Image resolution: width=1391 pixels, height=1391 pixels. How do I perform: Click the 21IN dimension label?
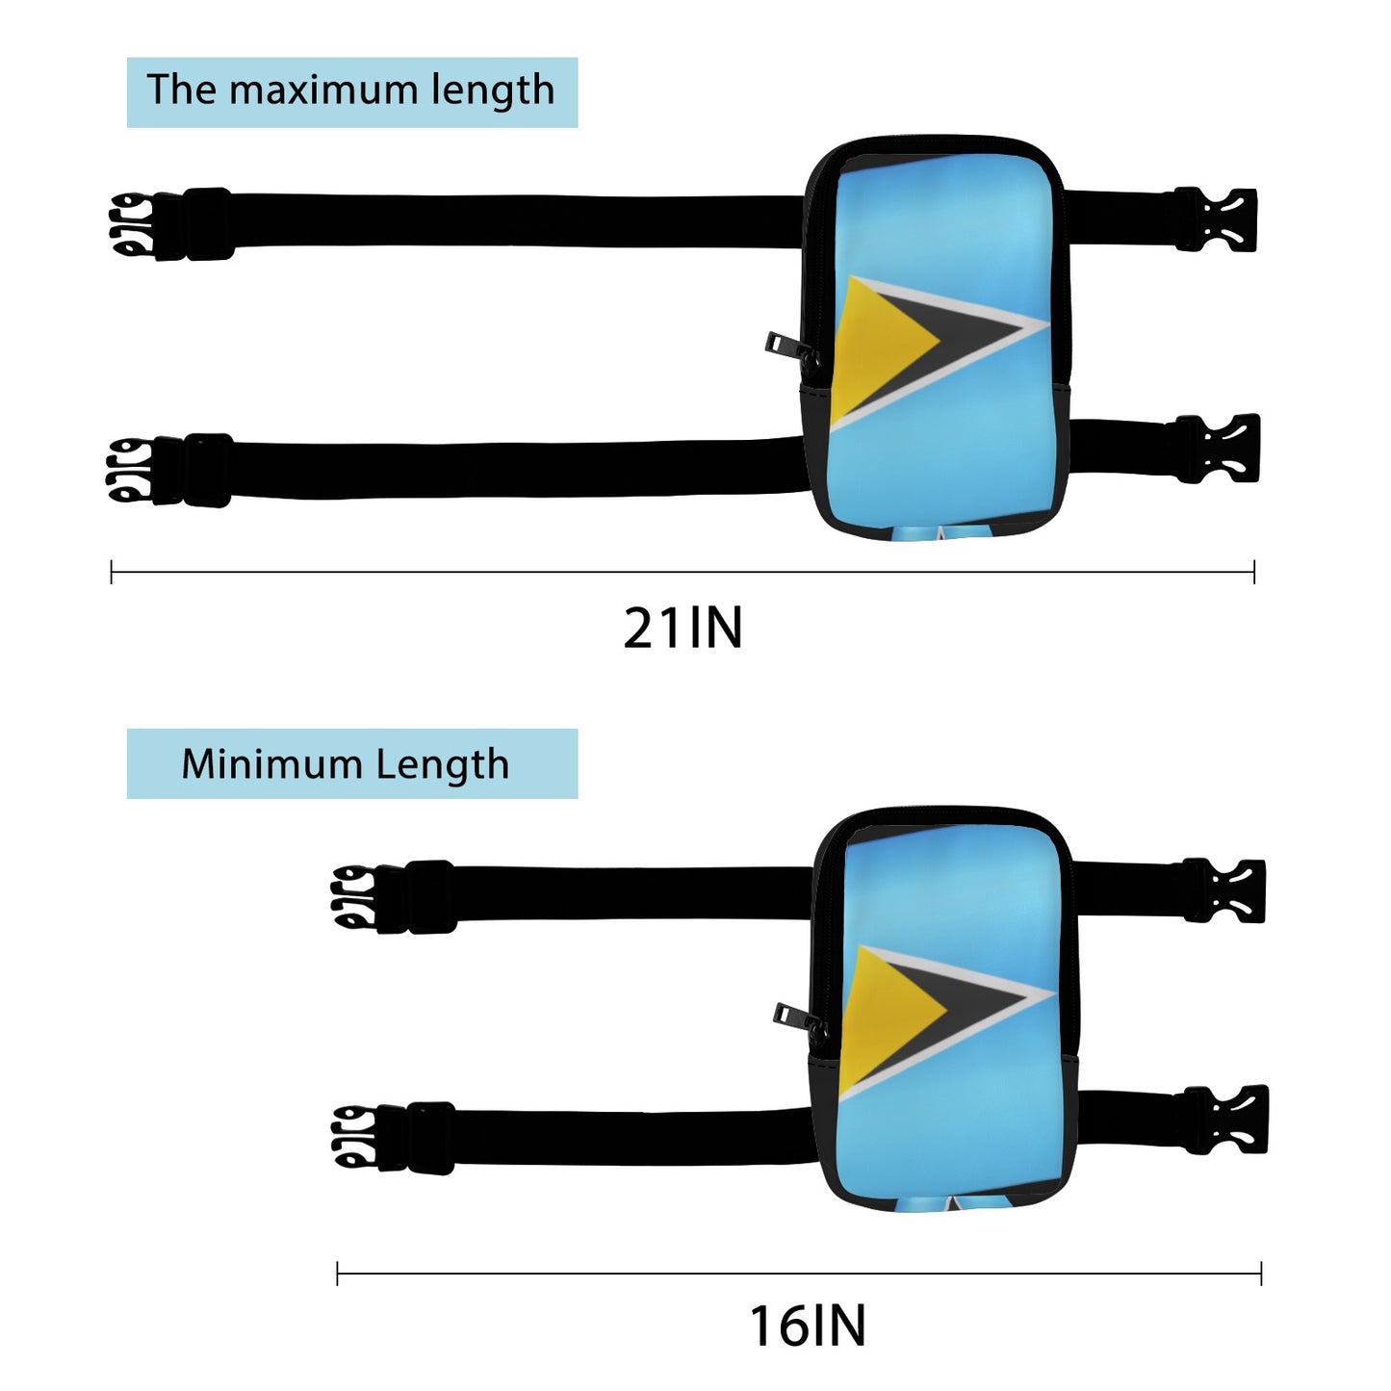pyautogui.click(x=683, y=629)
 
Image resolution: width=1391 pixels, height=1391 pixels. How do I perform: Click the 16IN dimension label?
pyautogui.click(x=808, y=1326)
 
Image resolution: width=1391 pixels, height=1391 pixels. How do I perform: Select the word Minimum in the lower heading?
pyautogui.click(x=270, y=764)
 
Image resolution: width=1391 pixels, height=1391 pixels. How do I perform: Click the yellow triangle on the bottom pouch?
pyautogui.click(x=890, y=1018)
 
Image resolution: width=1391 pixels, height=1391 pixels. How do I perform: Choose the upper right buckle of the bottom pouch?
pyautogui.click(x=1225, y=890)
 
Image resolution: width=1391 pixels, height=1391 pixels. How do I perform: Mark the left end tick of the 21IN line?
pyautogui.click(x=112, y=573)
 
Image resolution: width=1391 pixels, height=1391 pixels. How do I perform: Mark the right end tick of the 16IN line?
pyautogui.click(x=1261, y=1274)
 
